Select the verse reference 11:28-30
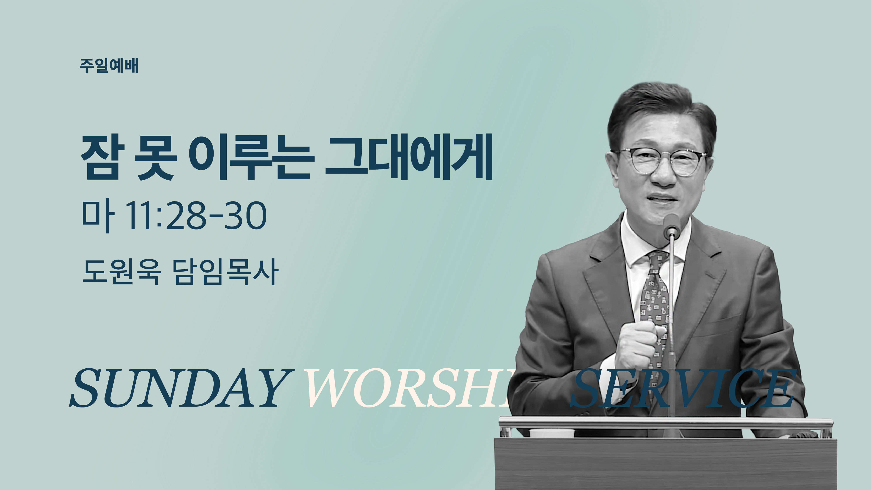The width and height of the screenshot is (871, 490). coord(196,216)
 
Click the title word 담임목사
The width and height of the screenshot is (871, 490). coord(226,272)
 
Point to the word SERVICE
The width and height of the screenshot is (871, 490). coord(683,388)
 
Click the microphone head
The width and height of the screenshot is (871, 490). coord(672,225)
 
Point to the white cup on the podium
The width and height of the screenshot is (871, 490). coord(552,433)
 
